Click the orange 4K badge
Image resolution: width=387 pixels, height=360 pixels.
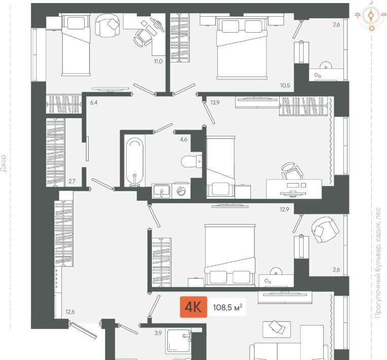[x=193, y=307]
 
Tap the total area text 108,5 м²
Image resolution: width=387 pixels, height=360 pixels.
[x=227, y=307]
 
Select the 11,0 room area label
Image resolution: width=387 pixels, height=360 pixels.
[x=158, y=61]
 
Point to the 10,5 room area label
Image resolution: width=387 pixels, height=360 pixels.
[x=285, y=86]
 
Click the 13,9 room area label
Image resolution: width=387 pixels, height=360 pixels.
[x=215, y=102]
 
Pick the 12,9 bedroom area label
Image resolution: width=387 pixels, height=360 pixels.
[x=284, y=209]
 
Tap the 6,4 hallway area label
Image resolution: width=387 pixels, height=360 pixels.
[x=94, y=102]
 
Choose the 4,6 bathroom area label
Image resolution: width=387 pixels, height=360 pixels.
[x=184, y=139]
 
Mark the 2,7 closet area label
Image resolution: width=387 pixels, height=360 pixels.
[x=72, y=182]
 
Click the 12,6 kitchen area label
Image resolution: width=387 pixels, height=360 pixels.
[x=70, y=312]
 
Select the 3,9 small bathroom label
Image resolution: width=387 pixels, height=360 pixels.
[x=158, y=333]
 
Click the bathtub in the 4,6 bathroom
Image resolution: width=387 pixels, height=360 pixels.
[x=135, y=161]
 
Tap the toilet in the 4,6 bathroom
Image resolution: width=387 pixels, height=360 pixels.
[x=191, y=161]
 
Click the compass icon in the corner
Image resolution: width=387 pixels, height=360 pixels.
[x=371, y=16]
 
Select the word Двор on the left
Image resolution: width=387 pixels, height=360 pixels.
[x=3, y=163]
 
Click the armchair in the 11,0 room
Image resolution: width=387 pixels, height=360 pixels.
[x=107, y=24]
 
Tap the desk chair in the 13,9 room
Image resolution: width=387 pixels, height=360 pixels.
[x=292, y=171]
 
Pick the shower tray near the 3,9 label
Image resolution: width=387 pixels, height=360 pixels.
[x=178, y=341]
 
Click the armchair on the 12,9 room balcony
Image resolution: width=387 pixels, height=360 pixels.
[x=325, y=230]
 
